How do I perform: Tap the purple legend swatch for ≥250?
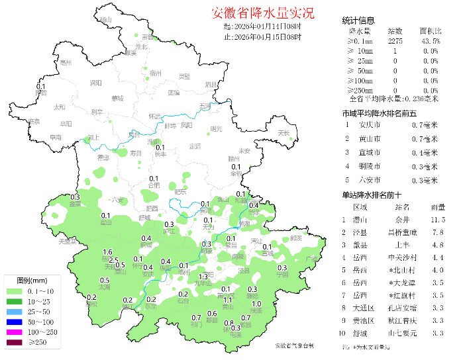(x=14, y=342)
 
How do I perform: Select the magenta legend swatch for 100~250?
(x=14, y=332)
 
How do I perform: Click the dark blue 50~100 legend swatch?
(x=14, y=322)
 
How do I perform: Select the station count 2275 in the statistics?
(x=395, y=41)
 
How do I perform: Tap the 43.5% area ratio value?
(x=429, y=41)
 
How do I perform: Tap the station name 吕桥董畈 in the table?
(x=402, y=232)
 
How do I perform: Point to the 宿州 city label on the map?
(x=156, y=74)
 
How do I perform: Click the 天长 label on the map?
(x=283, y=134)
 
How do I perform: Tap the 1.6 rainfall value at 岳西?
(x=108, y=252)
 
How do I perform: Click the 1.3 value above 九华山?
(x=203, y=276)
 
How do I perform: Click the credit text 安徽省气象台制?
(x=295, y=345)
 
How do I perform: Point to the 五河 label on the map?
(x=205, y=106)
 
